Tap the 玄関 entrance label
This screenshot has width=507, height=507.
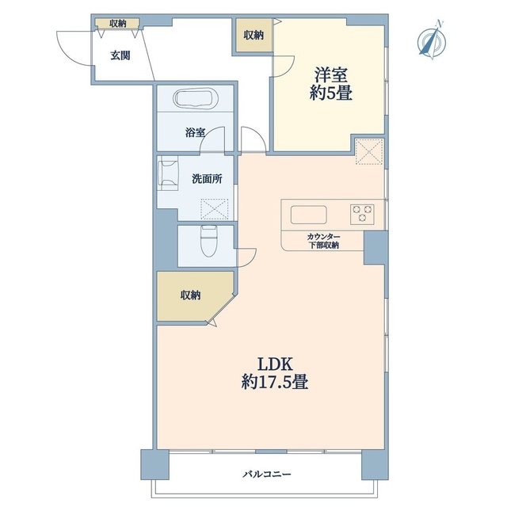click(x=120, y=55)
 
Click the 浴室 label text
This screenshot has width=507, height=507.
click(x=195, y=133)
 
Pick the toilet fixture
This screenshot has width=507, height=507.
click(x=208, y=238)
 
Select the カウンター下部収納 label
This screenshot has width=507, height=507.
click(x=323, y=242)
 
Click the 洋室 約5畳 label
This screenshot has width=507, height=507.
click(x=330, y=83)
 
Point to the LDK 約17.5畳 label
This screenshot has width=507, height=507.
click(x=273, y=373)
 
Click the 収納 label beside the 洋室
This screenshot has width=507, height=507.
click(x=253, y=35)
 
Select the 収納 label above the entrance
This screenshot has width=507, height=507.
click(x=118, y=24)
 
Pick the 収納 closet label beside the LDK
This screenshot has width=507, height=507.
click(x=190, y=295)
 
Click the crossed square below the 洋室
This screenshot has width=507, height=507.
click(x=369, y=151)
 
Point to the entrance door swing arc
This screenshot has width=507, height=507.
click(x=70, y=44)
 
